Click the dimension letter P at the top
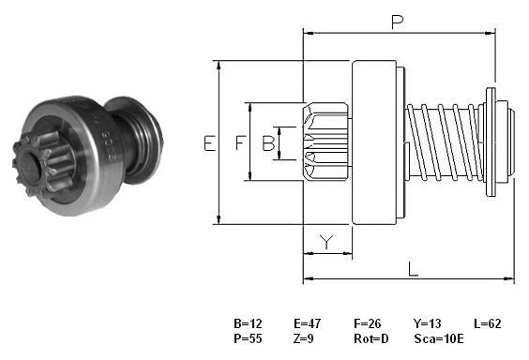tap(397, 22)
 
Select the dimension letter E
tap(209, 142)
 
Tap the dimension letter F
tap(240, 142)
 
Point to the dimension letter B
tap(268, 142)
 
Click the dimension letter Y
tap(326, 241)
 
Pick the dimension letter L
tap(413, 269)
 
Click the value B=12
tap(248, 323)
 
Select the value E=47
tap(308, 323)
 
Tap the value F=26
tap(368, 323)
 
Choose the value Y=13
tap(427, 323)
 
